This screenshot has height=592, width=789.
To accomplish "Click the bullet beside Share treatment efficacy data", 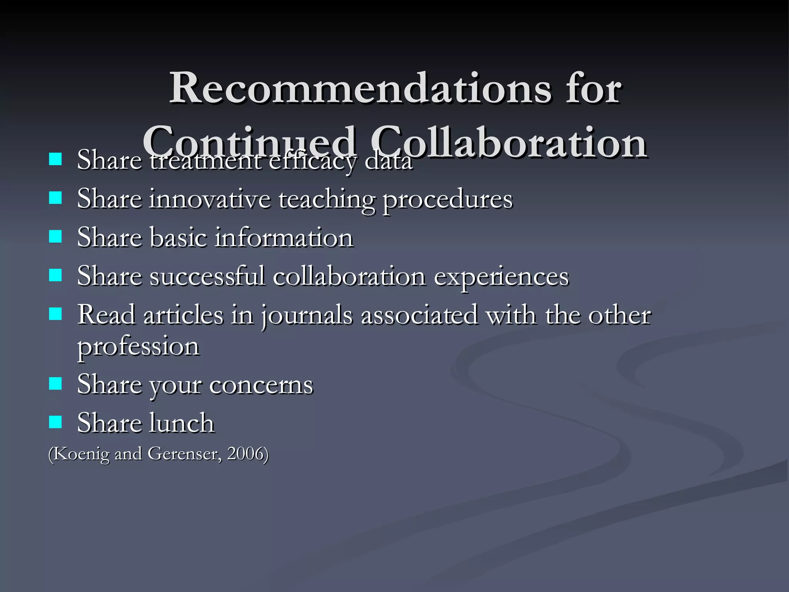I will (x=55, y=159).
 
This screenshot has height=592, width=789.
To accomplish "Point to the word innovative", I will (x=210, y=199).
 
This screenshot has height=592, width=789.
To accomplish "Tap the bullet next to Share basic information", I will (x=55, y=236).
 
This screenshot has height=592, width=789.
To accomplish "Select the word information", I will (x=284, y=238).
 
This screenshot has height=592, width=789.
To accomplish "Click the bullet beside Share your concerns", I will (x=55, y=383).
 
